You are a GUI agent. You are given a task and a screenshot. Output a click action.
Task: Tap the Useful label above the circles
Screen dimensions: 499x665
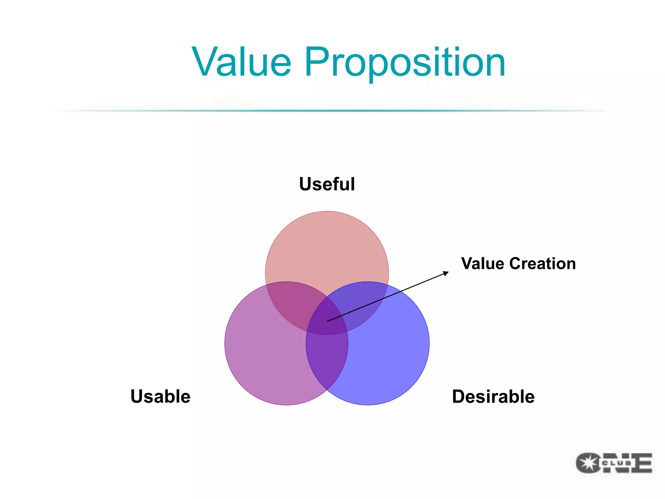[327, 184]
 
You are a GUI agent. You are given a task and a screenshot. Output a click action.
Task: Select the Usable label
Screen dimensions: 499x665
[160, 396]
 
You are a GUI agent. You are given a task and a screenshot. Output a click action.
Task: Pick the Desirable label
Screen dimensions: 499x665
[493, 396]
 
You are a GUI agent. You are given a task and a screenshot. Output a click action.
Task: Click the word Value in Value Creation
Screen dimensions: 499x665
[483, 263]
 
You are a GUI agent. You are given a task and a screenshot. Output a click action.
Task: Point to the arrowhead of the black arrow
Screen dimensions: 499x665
[447, 273]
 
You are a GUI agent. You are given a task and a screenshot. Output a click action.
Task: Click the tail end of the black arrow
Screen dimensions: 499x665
[328, 321]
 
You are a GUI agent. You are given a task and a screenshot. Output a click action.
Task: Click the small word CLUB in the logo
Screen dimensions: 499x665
[617, 463]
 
